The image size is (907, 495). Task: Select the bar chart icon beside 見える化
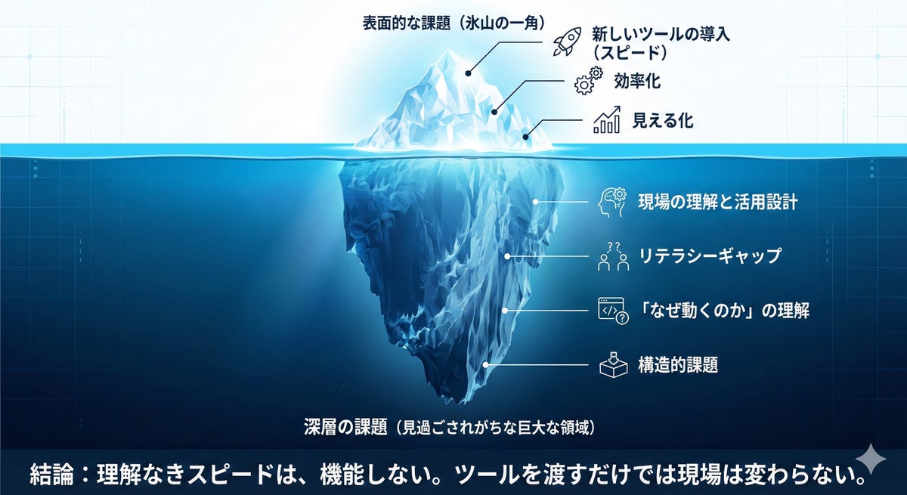(607, 120)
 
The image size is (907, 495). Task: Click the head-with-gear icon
(611, 203)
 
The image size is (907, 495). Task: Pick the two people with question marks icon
(614, 256)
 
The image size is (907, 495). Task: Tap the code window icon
(613, 311)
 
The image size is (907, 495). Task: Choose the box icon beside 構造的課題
(613, 364)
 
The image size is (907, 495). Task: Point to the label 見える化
(663, 120)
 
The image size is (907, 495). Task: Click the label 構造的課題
(678, 365)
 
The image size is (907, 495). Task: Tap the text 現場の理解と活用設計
(717, 203)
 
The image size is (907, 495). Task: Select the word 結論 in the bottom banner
(53, 475)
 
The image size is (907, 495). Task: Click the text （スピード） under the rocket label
(630, 54)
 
